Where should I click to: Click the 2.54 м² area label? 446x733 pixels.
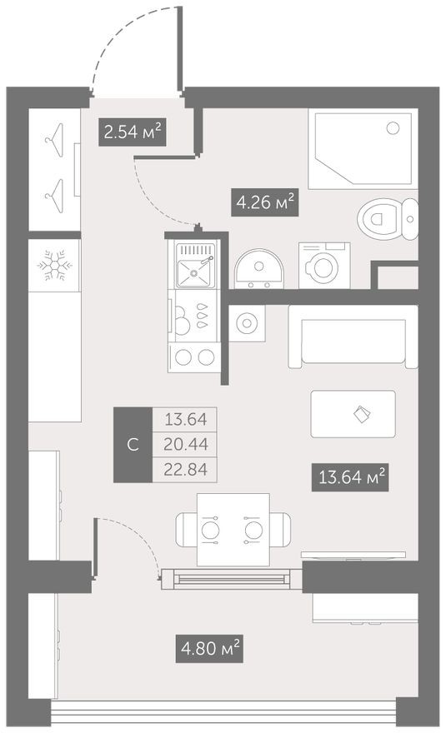[x=131, y=132]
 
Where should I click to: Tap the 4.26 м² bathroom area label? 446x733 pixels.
[x=264, y=201]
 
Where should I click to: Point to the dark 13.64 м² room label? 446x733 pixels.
[x=351, y=478]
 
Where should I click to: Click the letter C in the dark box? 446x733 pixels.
[x=133, y=444]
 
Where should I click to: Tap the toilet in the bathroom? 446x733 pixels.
[x=387, y=219]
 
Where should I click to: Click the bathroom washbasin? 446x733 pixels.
[x=258, y=270]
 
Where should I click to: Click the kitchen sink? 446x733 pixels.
[x=195, y=269]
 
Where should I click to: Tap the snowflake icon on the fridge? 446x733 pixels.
[x=54, y=266]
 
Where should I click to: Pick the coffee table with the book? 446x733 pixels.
[x=351, y=413]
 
